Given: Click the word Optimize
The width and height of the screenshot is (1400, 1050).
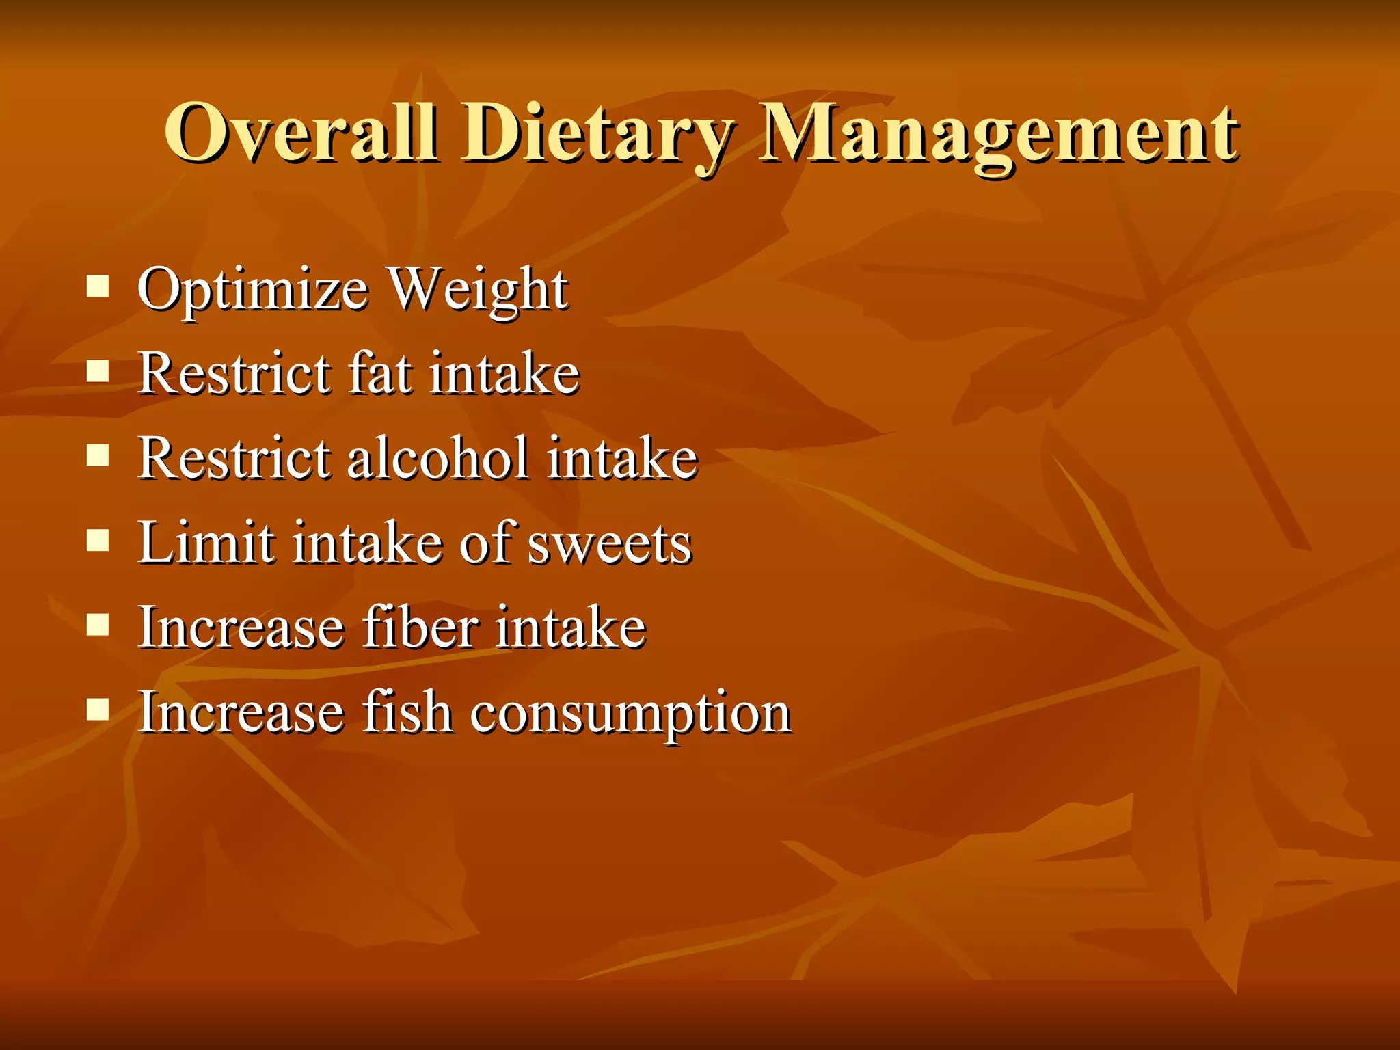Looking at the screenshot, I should coord(253,291).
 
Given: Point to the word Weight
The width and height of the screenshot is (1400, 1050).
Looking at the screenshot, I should coord(479,291).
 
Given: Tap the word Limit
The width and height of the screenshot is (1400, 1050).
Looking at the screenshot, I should coord(206,543).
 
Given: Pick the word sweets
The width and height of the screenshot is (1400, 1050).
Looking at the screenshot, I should coord(610,544).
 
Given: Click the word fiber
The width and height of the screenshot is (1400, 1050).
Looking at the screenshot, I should coord(420,627).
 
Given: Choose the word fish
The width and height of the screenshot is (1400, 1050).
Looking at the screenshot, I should coord(407,712).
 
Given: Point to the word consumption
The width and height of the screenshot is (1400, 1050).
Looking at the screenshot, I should coord(630,714).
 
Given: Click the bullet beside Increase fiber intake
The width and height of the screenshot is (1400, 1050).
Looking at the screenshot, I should coord(98,625).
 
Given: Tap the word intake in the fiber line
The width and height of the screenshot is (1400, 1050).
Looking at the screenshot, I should coord(570,627).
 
